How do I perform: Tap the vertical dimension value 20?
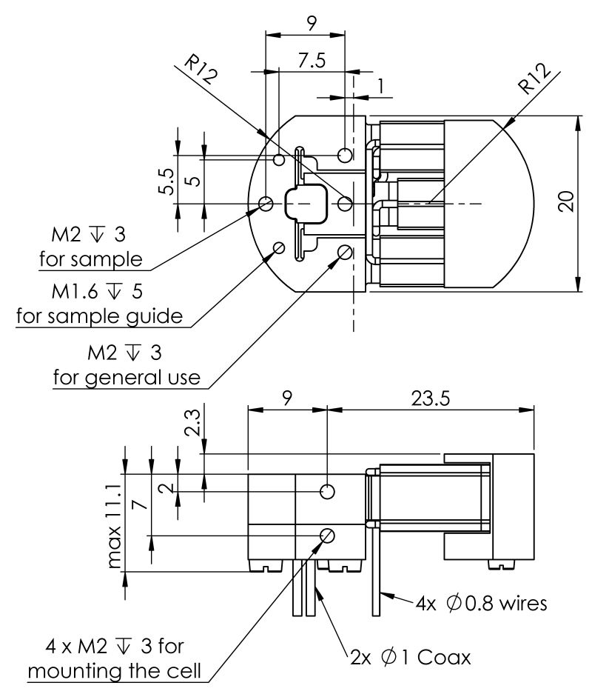click(567, 202)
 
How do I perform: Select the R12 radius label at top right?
click(534, 78)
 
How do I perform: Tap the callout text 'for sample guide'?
click(99, 316)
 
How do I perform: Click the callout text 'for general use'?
click(127, 377)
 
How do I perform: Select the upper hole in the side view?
click(327, 491)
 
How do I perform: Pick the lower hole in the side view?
click(327, 535)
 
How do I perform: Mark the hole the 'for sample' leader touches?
click(266, 203)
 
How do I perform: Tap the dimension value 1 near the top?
click(380, 87)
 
